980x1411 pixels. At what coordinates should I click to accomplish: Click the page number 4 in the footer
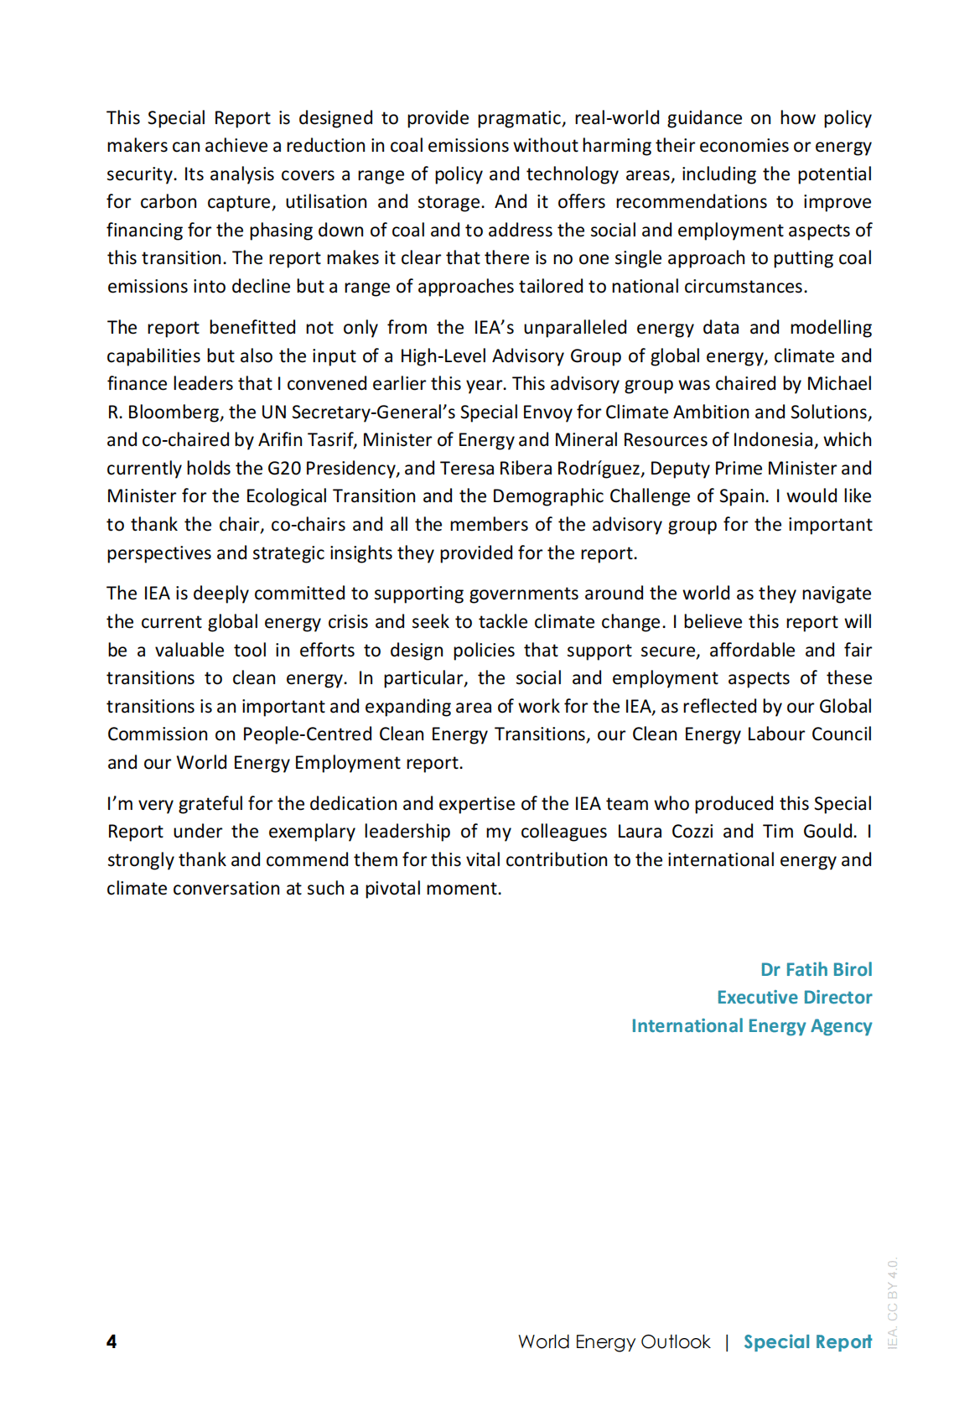coord(111,1341)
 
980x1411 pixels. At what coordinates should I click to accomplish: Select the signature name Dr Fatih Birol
coord(816,969)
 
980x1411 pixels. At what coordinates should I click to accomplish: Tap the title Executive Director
coord(794,998)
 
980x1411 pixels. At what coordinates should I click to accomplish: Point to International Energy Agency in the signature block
coord(751,1026)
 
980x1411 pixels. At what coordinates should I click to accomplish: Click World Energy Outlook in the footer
coord(614,1341)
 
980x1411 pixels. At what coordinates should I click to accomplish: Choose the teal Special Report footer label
coord(807,1341)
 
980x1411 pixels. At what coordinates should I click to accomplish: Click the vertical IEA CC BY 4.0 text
coord(893,1303)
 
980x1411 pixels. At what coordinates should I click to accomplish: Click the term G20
coord(284,469)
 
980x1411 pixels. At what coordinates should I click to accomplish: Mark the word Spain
coord(742,496)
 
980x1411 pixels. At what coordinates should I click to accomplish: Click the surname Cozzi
coord(692,832)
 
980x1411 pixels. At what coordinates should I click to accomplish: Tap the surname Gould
coord(829,832)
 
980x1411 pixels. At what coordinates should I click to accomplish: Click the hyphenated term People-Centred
coord(307,734)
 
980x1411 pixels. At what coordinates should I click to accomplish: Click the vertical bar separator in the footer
coord(727,1341)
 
